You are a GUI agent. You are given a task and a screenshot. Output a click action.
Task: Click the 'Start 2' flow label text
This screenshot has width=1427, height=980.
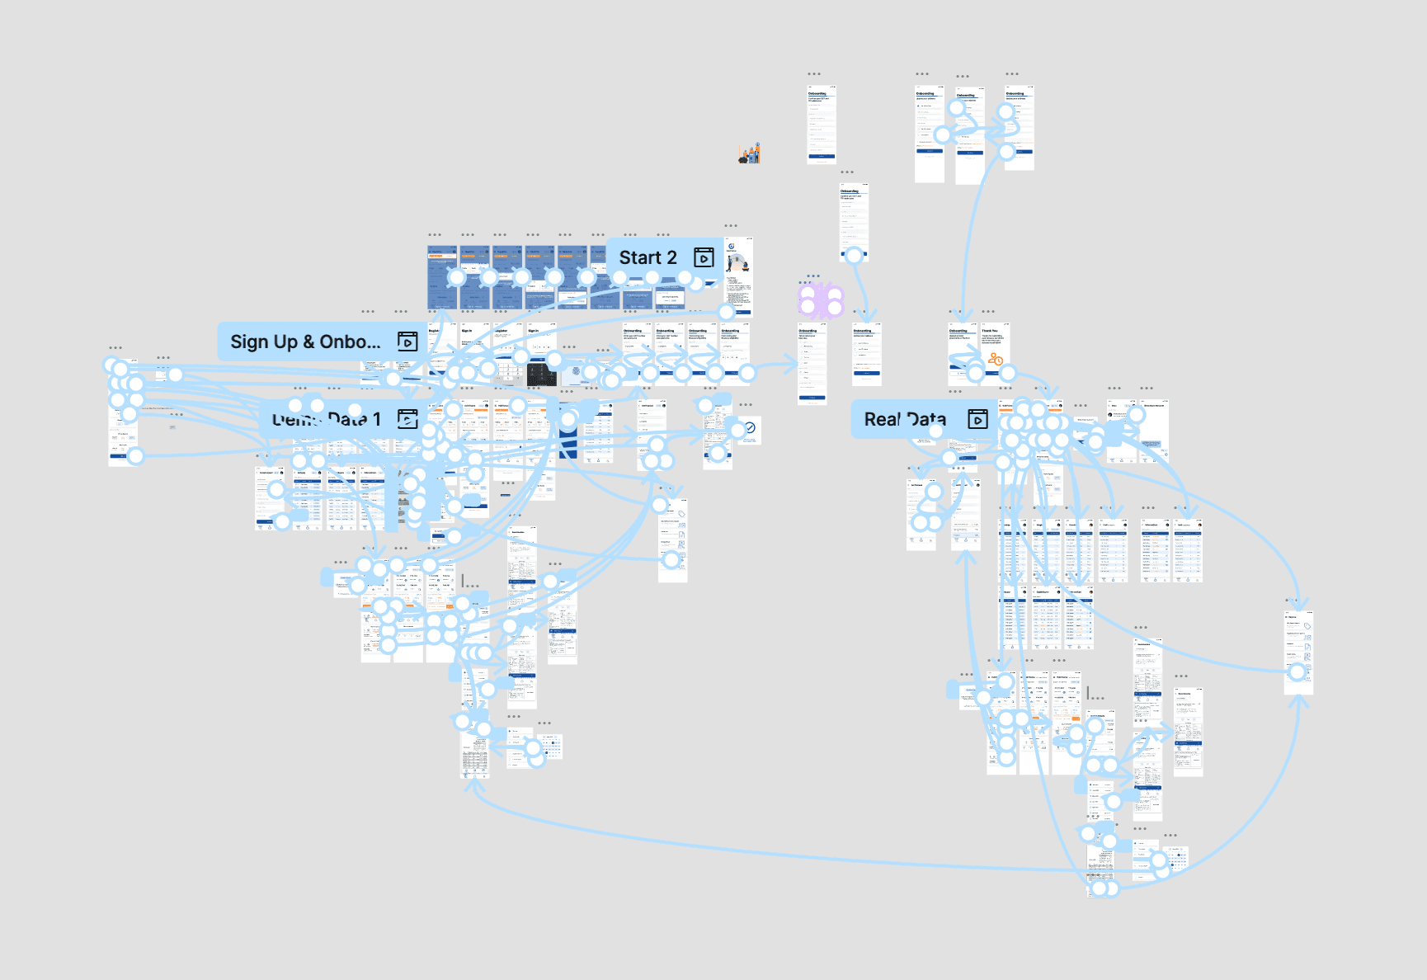648,258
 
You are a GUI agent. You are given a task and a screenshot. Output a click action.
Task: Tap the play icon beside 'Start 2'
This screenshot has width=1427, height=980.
704,257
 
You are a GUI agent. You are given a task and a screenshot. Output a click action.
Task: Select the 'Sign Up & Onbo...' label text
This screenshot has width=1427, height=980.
305,342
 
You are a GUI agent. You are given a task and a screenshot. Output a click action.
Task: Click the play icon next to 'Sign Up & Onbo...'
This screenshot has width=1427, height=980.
407,342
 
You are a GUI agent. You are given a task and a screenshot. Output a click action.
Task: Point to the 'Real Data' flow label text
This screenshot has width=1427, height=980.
905,419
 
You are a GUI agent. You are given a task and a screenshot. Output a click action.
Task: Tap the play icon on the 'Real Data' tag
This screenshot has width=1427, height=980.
977,419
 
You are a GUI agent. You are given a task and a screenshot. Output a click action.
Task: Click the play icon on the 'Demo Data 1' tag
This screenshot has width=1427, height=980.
407,419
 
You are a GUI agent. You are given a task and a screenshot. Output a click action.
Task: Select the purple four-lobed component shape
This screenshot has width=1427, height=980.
821,300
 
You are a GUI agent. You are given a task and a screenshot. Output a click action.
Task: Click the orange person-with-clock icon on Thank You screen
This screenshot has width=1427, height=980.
996,359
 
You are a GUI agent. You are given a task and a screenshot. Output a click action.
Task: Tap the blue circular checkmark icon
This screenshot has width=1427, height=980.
750,427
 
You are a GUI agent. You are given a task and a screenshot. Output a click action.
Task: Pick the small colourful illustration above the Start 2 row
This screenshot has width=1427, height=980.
750,153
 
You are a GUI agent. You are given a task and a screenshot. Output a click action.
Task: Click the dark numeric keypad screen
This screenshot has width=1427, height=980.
542,375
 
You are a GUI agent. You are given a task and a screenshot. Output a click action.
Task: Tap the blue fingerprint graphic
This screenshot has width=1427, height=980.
576,372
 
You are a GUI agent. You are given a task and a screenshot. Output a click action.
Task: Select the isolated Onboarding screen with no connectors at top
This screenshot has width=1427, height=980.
822,124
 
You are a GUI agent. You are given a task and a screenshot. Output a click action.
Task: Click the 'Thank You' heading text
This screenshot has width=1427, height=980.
990,331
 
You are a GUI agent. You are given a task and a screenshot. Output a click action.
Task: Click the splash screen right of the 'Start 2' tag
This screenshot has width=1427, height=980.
738,276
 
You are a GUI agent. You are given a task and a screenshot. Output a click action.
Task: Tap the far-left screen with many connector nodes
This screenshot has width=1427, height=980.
123,412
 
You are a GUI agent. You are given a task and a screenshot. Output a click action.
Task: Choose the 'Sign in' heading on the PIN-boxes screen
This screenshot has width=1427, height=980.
533,331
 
